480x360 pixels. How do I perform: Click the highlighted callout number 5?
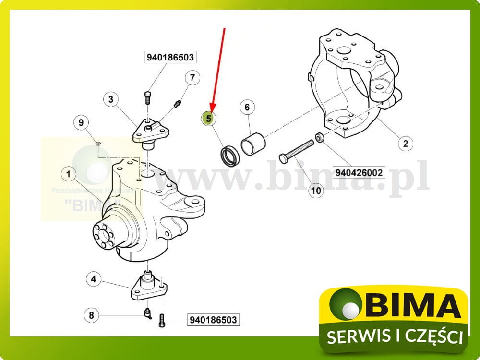(x=209, y=117)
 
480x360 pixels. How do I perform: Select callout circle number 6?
(x=247, y=107)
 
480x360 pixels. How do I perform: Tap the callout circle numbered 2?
(x=405, y=143)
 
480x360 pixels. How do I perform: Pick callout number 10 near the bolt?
(x=315, y=191)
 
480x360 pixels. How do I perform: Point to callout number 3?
(x=111, y=99)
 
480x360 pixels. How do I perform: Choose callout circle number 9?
(x=81, y=123)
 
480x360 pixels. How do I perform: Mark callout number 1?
(x=69, y=173)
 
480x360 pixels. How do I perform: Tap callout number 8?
(x=91, y=315)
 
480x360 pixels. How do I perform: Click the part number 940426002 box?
(x=360, y=172)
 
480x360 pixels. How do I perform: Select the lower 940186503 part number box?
(x=213, y=319)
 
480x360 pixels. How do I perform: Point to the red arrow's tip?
(x=212, y=110)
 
